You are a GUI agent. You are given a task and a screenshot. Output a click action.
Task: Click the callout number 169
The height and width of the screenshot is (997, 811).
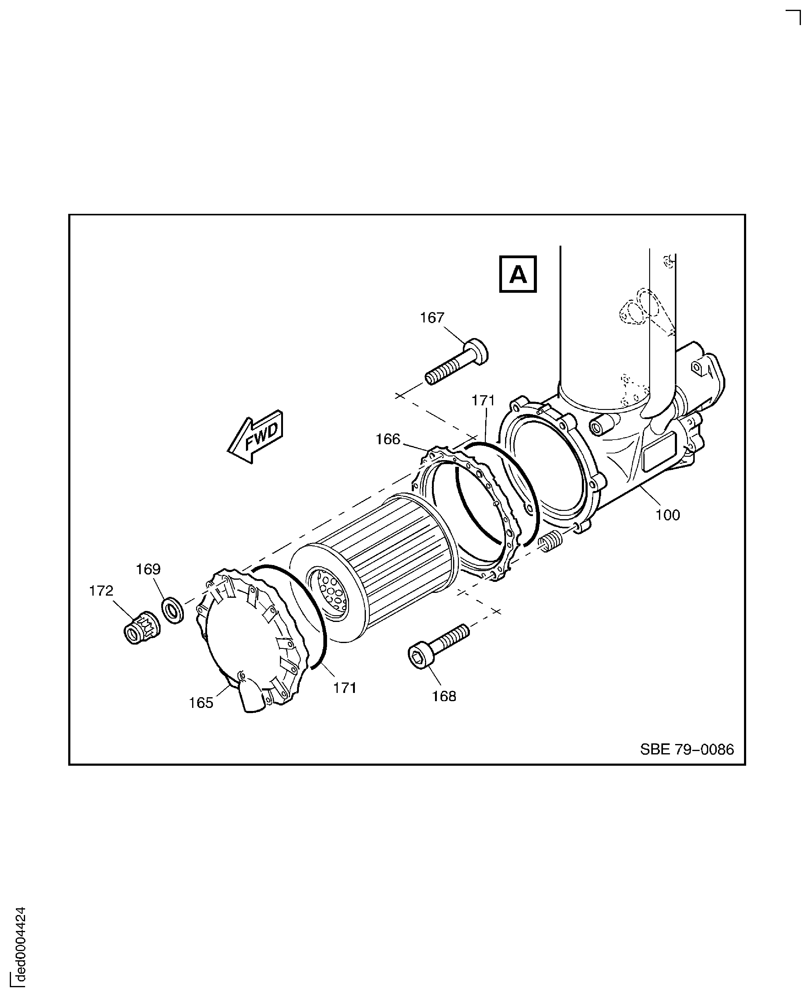click(x=148, y=569)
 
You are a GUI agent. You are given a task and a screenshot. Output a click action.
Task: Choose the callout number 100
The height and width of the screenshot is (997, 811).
click(x=667, y=515)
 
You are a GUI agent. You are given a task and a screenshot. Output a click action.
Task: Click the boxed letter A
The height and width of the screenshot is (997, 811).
click(x=518, y=274)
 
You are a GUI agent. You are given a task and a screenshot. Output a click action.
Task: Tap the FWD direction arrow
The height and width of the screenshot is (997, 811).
click(x=256, y=437)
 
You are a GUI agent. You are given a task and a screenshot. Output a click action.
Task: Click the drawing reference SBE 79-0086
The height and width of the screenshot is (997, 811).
click(x=687, y=750)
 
